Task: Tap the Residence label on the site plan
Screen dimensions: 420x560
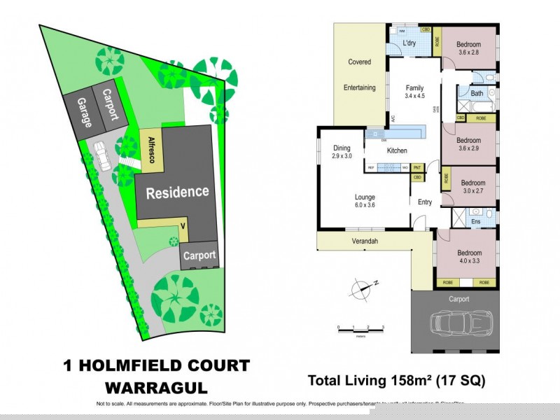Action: point(177,192)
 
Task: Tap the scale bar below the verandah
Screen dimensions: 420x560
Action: point(360,328)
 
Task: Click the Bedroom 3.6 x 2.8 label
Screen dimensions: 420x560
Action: point(470,48)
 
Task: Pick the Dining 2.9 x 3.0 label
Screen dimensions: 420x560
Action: point(342,152)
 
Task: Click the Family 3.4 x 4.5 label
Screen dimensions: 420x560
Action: point(415,92)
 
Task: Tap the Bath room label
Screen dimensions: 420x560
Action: point(477,93)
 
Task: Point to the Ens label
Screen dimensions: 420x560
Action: point(475,222)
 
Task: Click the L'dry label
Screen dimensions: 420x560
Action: point(410,44)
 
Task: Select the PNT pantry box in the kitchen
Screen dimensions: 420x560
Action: point(417,167)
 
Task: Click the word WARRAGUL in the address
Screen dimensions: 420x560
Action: point(156,387)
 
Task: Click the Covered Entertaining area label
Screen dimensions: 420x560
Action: point(360,75)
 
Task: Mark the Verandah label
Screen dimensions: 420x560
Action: point(365,241)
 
